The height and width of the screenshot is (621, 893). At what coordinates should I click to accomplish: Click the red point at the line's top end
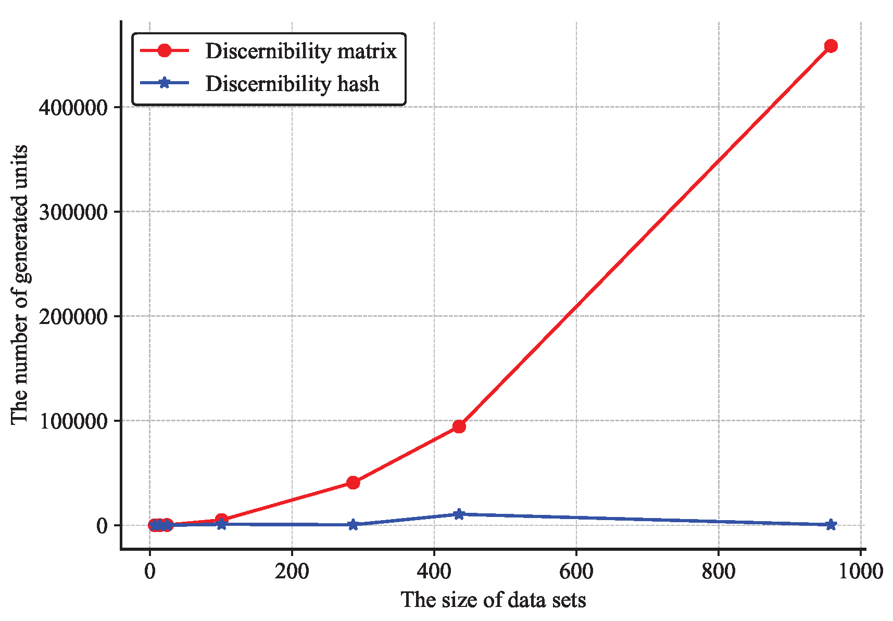[831, 46]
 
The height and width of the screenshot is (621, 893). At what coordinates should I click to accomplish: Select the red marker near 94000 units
[459, 426]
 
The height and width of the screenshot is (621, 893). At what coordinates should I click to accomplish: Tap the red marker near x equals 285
[353, 483]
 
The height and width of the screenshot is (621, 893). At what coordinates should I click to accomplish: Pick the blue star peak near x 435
[459, 514]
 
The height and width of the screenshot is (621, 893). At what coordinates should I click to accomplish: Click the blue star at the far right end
[831, 524]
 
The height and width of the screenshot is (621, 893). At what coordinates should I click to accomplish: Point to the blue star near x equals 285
[353, 524]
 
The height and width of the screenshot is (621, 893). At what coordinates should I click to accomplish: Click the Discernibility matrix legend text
[301, 51]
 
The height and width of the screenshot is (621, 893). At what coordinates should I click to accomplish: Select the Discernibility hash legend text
[292, 83]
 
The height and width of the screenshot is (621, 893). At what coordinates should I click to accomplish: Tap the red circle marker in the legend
[164, 50]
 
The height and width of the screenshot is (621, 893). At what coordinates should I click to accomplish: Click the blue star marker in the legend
[164, 83]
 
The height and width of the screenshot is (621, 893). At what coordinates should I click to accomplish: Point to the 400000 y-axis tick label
[73, 108]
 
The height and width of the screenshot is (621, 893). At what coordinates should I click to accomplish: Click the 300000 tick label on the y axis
[73, 212]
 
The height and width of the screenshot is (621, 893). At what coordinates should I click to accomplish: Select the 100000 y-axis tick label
[73, 421]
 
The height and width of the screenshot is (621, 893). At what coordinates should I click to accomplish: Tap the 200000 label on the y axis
[73, 316]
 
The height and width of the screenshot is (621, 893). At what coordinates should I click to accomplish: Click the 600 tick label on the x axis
[576, 571]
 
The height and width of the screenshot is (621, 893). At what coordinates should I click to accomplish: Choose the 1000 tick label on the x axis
[860, 571]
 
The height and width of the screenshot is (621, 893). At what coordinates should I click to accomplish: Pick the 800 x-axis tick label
[718, 571]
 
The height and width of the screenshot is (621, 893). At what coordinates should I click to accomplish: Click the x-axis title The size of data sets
[493, 600]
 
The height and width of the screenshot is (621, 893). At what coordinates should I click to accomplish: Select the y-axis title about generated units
[20, 284]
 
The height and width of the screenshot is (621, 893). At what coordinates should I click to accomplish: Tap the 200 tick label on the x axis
[292, 571]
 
